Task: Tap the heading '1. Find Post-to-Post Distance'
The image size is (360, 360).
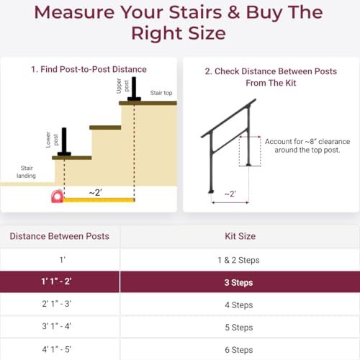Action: point(89,69)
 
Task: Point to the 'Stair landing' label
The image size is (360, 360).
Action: point(28,171)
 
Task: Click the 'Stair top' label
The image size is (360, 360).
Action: point(161,93)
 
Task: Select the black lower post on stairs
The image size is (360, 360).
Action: point(64,141)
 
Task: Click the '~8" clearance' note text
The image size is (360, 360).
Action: point(303,145)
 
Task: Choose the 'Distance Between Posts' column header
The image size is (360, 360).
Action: point(59,236)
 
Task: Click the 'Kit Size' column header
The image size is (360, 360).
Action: point(238,236)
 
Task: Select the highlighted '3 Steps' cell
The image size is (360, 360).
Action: point(238,283)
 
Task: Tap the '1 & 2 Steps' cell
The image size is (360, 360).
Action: point(238,259)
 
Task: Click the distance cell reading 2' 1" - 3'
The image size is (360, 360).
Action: point(59,305)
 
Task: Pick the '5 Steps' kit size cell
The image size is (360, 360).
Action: point(238,327)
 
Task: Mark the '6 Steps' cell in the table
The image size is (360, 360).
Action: point(238,349)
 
